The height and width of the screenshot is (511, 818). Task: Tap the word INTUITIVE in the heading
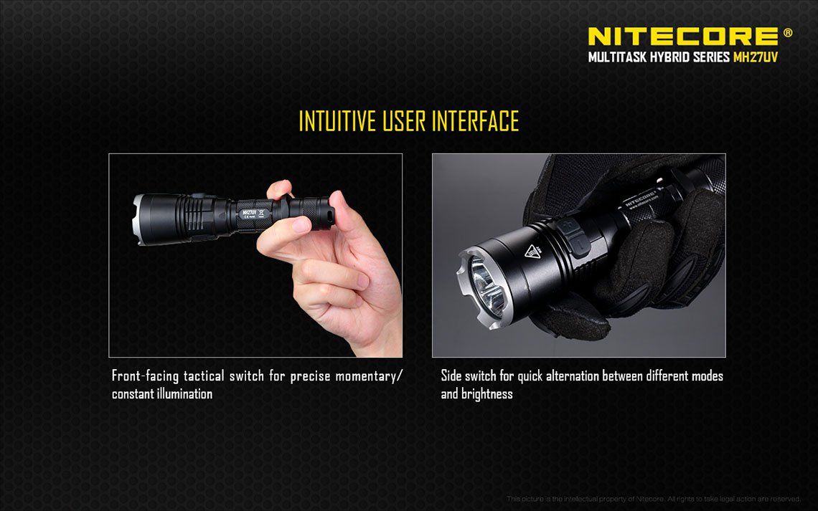coord(337,121)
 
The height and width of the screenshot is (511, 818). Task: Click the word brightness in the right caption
coord(487,393)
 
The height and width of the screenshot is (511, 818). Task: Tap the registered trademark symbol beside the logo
coord(788,32)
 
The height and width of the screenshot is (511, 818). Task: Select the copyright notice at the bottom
coord(653,499)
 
